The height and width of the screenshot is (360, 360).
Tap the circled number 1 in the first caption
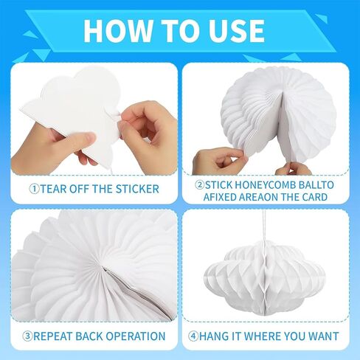(34, 189)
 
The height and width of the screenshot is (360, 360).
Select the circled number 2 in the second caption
(199, 185)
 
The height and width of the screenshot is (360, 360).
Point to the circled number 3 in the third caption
(27, 336)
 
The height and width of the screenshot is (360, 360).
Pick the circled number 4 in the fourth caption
(193, 336)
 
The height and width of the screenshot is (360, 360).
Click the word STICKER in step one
(137, 189)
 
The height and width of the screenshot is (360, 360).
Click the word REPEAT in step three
(52, 336)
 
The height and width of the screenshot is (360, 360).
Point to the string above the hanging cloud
(264, 226)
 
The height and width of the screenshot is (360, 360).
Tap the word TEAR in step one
(53, 189)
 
